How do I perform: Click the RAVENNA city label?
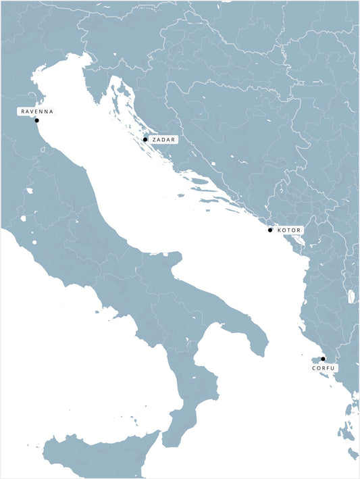coord(36,111)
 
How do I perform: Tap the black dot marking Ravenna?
coord(37,120)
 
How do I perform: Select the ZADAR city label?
coord(163,139)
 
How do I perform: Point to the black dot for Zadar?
coord(145,139)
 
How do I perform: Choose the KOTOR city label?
coord(288,230)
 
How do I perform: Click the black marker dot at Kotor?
coord(270,230)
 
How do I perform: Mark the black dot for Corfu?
coord(323,359)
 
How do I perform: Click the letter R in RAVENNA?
coord(23,111)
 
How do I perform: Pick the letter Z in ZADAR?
coord(155,139)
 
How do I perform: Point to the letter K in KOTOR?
coord(279,230)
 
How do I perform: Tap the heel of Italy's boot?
coord(257,341)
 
